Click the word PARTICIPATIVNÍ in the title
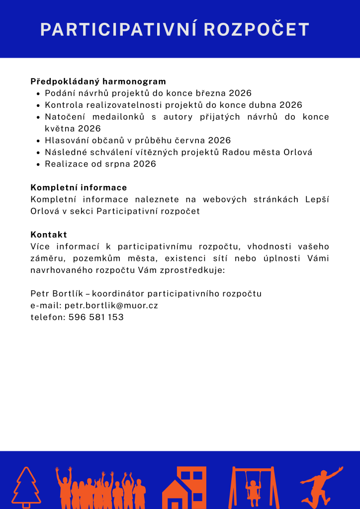(x=118, y=29)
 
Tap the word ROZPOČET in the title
(x=257, y=29)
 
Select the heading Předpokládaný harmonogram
(x=98, y=81)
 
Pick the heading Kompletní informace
(x=79, y=187)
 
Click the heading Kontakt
(x=49, y=235)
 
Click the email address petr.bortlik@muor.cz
(x=111, y=305)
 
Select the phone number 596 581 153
(x=96, y=317)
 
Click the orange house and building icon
(x=184, y=488)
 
